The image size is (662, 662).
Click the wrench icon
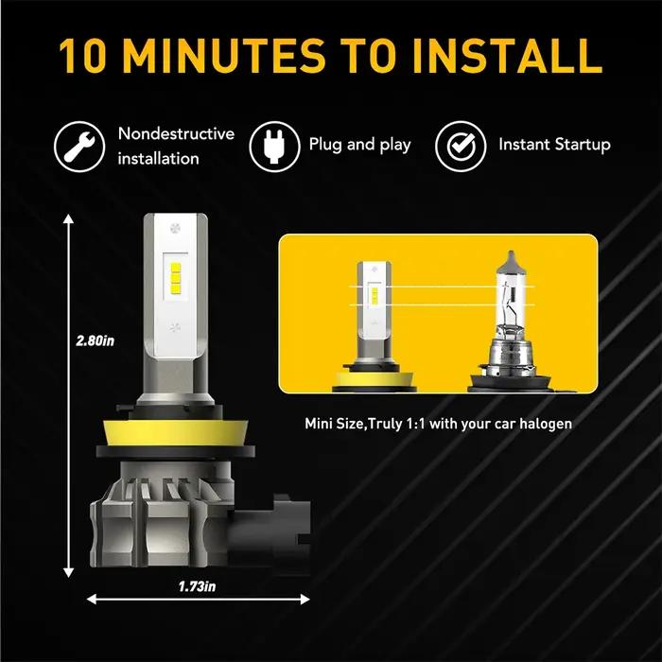coord(79,147)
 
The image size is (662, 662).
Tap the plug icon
coord(274,147)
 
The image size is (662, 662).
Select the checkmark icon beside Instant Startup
coord(462,147)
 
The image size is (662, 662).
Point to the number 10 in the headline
coord(82,56)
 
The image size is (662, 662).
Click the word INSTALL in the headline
coord(508,56)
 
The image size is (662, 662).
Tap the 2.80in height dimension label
coord(95,340)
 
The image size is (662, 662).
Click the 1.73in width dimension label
coord(197,586)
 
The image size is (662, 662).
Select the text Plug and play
coord(359,145)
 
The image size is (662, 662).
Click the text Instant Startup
coord(554,145)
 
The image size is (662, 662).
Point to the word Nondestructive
coord(176,133)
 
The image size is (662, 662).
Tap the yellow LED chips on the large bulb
coord(176,279)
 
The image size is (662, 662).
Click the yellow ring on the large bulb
coord(176,432)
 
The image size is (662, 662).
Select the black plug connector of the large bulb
coord(270,532)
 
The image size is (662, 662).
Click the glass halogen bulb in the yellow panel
coord(510,322)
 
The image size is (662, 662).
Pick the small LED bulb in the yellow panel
coord(375,326)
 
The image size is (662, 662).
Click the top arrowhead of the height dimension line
coord(68,218)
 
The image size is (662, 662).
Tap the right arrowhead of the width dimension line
coord(305,599)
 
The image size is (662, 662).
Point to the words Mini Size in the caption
coord(334,423)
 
